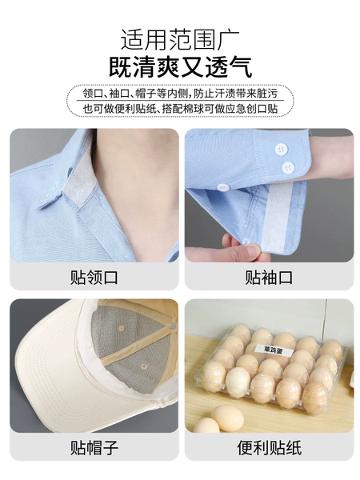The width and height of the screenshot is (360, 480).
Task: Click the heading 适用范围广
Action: click(180, 40)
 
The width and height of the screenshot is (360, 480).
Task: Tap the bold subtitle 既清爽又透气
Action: click(180, 66)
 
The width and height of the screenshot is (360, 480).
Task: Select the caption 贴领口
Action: click(94, 278)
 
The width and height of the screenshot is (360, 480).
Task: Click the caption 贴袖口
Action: click(269, 278)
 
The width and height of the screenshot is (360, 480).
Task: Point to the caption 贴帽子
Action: click(94, 447)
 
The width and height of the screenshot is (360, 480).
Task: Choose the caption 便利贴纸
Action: click(269, 447)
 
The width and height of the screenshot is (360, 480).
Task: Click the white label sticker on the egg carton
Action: click(273, 350)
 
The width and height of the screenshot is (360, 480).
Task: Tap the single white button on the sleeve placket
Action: click(222, 188)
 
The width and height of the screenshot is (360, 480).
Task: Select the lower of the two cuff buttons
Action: click(288, 168)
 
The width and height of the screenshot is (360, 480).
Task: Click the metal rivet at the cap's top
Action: click(173, 326)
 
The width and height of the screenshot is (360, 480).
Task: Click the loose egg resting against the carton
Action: click(227, 418)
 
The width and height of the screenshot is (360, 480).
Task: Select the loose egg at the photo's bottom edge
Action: click(206, 426)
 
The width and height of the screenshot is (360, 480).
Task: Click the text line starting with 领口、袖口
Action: click(180, 93)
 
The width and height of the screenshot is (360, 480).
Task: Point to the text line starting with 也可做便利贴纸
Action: click(180, 108)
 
